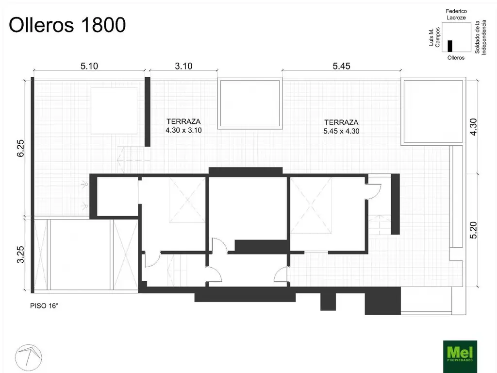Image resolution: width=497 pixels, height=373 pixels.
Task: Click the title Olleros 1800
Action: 67,25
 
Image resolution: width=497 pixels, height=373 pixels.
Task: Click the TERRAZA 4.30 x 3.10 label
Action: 183,126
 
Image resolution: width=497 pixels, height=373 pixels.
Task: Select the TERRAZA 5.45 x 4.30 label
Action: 341,127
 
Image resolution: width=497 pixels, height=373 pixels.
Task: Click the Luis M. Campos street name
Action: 434,37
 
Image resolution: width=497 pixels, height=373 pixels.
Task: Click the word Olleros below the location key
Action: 455,57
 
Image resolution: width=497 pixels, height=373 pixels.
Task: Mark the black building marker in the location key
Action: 450,46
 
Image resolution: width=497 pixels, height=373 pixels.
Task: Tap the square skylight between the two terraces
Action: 250,103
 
